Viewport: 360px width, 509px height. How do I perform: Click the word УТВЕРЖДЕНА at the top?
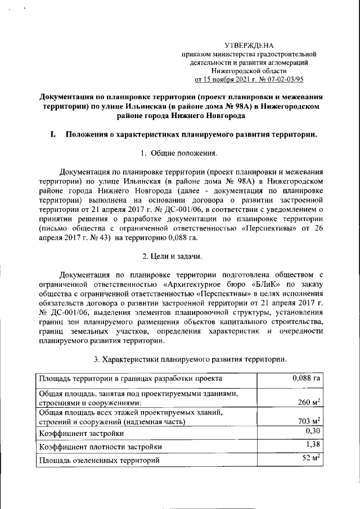(249, 45)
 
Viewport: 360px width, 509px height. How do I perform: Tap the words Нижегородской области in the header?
(249, 71)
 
